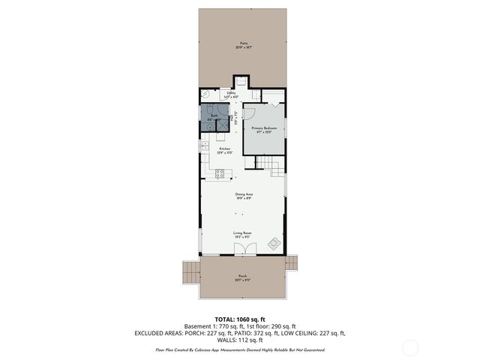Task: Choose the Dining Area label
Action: click(x=242, y=196)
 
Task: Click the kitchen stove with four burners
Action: click(x=221, y=174)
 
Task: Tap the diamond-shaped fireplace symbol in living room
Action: click(x=274, y=243)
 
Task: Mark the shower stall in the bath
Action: click(x=222, y=125)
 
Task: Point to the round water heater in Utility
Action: click(x=205, y=93)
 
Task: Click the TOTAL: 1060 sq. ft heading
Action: click(x=241, y=319)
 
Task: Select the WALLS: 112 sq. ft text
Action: click(x=241, y=340)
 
